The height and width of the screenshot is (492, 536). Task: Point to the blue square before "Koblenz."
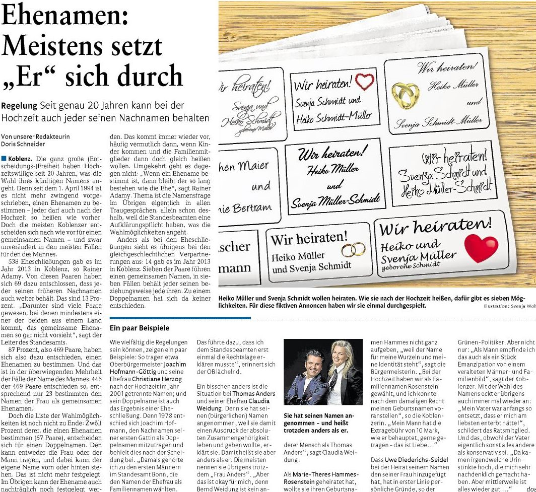click(x=4, y=159)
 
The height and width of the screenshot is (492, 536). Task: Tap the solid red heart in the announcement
click(x=481, y=248)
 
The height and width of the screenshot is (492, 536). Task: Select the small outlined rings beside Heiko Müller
click(x=353, y=250)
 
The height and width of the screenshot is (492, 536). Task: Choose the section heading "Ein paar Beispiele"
click(x=140, y=328)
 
